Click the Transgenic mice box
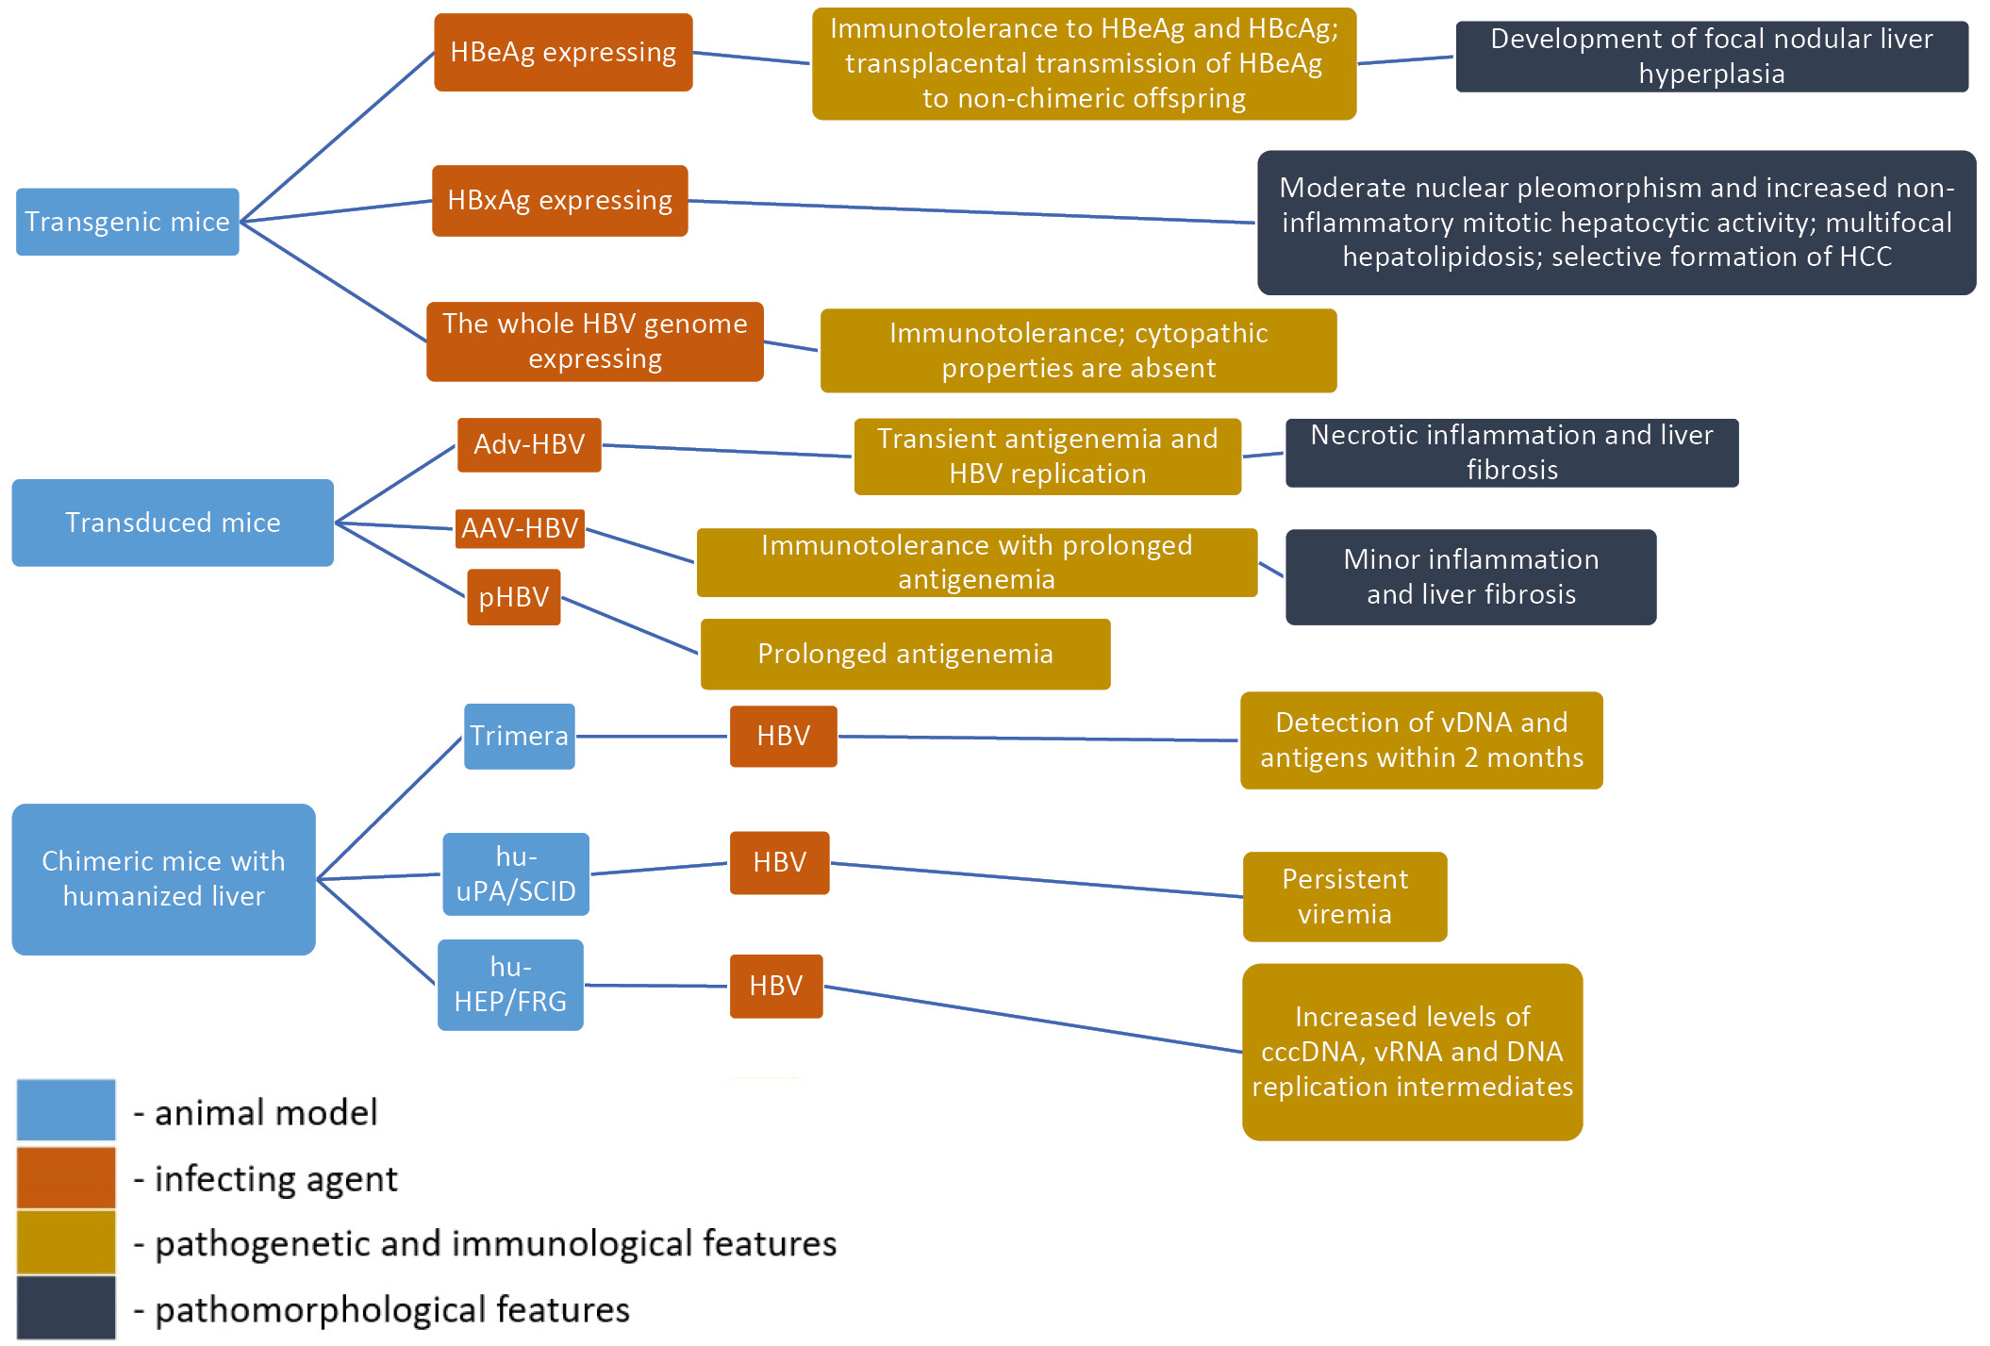[x=127, y=222]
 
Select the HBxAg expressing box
[x=559, y=201]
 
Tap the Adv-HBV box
[x=529, y=444]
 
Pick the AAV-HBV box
[x=520, y=528]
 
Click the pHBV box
[x=514, y=597]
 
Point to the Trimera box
[x=519, y=736]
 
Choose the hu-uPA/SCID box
[x=516, y=873]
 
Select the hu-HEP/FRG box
[x=510, y=985]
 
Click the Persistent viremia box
[x=1344, y=896]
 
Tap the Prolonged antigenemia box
[x=905, y=654]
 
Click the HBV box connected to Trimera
[x=783, y=736]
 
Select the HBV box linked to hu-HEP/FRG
[x=776, y=986]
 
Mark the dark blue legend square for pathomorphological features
[x=66, y=1307]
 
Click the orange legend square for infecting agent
[x=66, y=1177]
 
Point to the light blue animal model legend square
[x=66, y=1110]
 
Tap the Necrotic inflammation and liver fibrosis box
[x=1511, y=453]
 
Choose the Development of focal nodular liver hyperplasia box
[x=1711, y=57]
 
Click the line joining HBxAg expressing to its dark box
[x=971, y=212]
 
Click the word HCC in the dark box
[x=1862, y=257]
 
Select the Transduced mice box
[x=173, y=523]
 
